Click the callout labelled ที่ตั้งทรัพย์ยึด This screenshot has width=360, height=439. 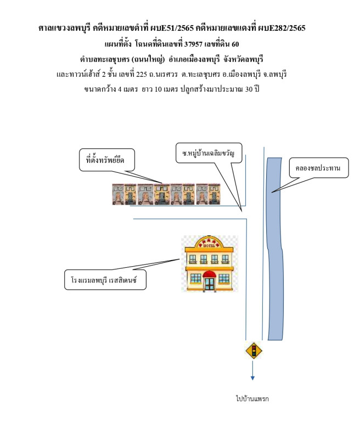coord(106,159)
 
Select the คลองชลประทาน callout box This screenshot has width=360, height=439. coord(318,168)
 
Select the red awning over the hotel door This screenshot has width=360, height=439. coord(210,274)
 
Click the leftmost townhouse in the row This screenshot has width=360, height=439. coord(118,194)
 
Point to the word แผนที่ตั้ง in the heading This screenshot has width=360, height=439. coord(117,43)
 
